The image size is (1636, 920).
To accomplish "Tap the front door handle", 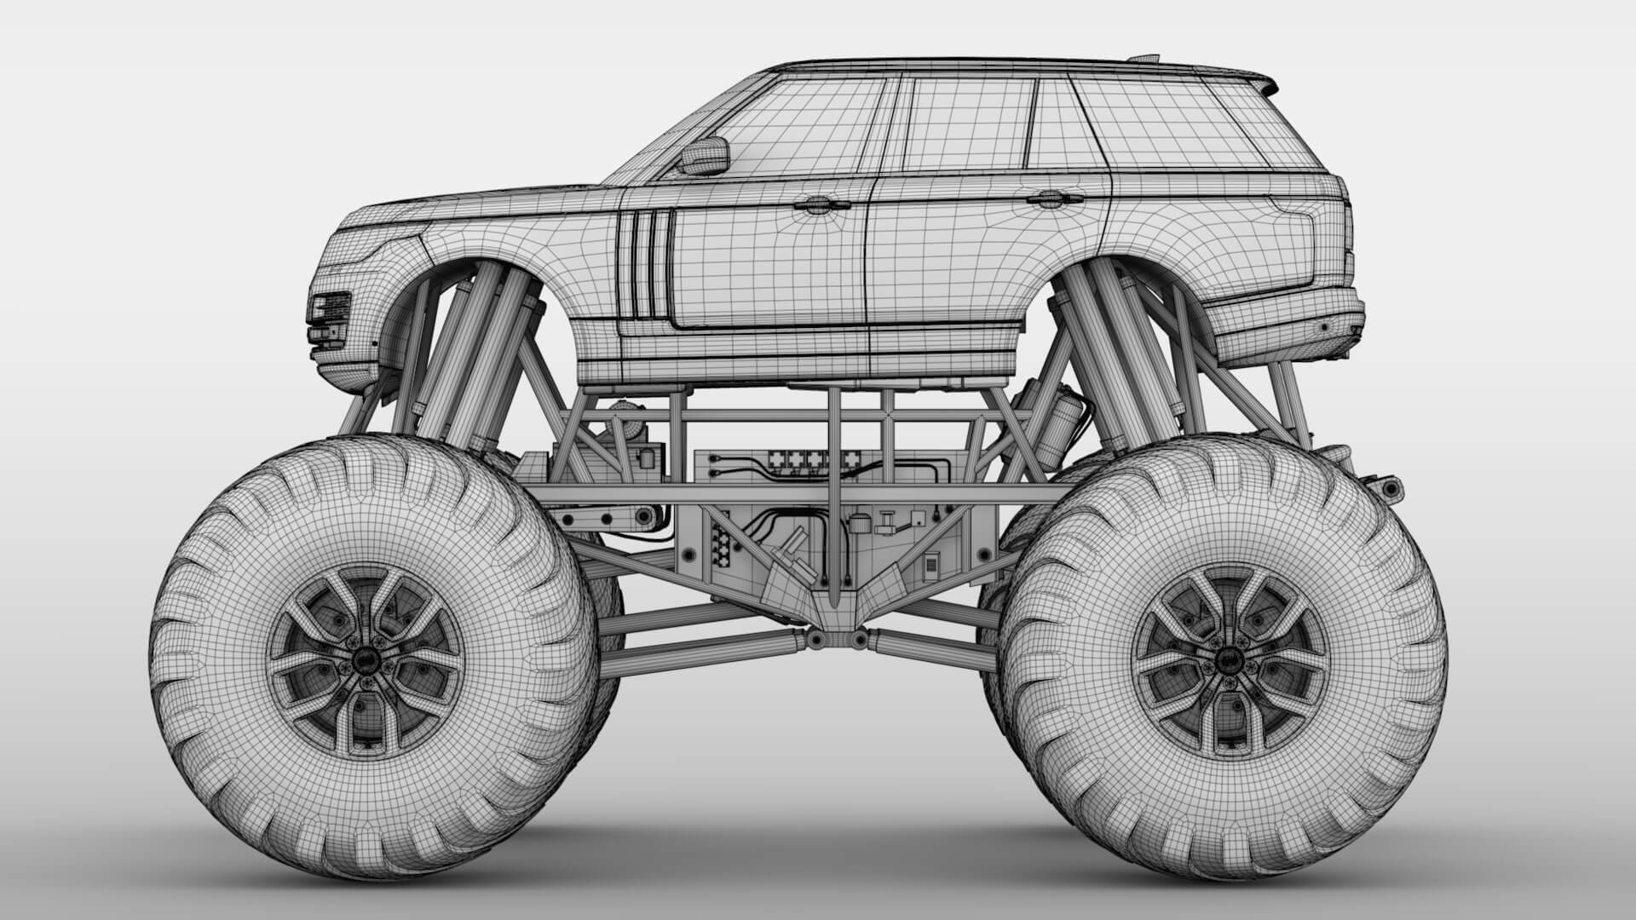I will click(x=817, y=203).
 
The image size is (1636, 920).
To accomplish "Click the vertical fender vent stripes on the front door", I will click(x=645, y=264).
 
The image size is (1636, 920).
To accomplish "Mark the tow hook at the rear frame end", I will click(x=1385, y=487).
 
